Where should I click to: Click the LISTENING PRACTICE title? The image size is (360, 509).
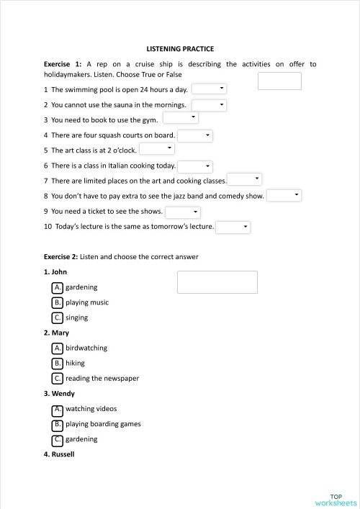(x=180, y=49)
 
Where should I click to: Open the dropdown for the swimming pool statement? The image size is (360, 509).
(x=210, y=89)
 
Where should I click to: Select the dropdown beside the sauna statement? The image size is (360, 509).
(x=210, y=105)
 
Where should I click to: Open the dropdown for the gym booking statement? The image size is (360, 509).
(x=181, y=117)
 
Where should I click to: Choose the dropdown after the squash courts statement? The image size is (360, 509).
(x=195, y=135)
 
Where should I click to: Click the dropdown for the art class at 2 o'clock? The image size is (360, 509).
(x=157, y=148)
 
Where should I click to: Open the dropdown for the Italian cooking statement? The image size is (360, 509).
(x=195, y=166)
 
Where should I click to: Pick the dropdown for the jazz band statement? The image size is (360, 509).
(x=284, y=195)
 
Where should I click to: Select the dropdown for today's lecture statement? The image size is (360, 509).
(x=233, y=228)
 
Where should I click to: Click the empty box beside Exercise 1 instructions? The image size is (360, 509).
(x=279, y=81)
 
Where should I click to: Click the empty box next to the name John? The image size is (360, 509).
(x=217, y=282)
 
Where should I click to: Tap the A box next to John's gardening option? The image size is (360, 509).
(x=58, y=287)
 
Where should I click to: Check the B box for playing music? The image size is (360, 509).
(x=58, y=302)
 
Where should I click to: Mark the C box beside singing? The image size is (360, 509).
(x=58, y=317)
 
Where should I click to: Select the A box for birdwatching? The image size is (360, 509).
(x=58, y=348)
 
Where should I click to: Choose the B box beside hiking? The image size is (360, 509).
(x=58, y=363)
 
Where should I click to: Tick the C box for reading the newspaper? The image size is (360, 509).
(x=58, y=378)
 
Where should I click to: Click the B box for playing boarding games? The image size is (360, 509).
(x=58, y=424)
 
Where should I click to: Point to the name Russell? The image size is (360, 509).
(x=59, y=454)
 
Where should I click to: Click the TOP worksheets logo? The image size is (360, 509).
(x=336, y=499)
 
